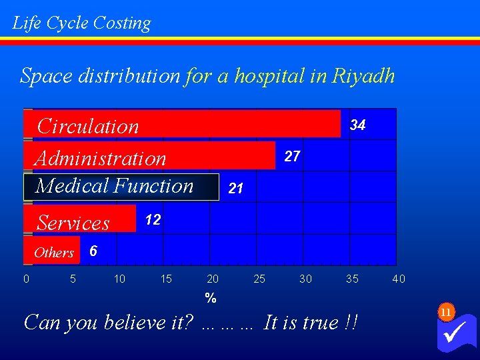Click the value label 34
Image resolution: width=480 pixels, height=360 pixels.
(358, 125)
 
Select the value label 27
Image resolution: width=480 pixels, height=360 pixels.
(292, 157)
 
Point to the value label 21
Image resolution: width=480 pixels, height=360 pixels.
(235, 189)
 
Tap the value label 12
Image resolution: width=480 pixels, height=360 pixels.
(153, 220)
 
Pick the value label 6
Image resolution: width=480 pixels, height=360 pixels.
(93, 251)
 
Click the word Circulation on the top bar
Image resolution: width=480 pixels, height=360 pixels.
(88, 126)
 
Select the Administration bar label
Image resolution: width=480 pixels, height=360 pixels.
(101, 159)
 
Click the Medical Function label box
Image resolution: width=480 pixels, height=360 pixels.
(121, 186)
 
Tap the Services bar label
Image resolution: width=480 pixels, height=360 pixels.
(73, 223)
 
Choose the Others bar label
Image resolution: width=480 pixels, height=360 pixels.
(54, 253)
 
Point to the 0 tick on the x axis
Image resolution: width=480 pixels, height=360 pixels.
(26, 279)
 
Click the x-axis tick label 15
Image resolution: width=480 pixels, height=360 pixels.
(166, 279)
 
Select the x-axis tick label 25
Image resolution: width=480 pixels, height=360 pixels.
(259, 279)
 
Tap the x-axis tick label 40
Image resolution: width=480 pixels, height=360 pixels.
(399, 279)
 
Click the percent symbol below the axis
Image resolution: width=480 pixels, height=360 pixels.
(211, 299)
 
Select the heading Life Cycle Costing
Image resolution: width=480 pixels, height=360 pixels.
(82, 23)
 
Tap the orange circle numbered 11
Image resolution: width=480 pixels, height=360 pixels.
(446, 311)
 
